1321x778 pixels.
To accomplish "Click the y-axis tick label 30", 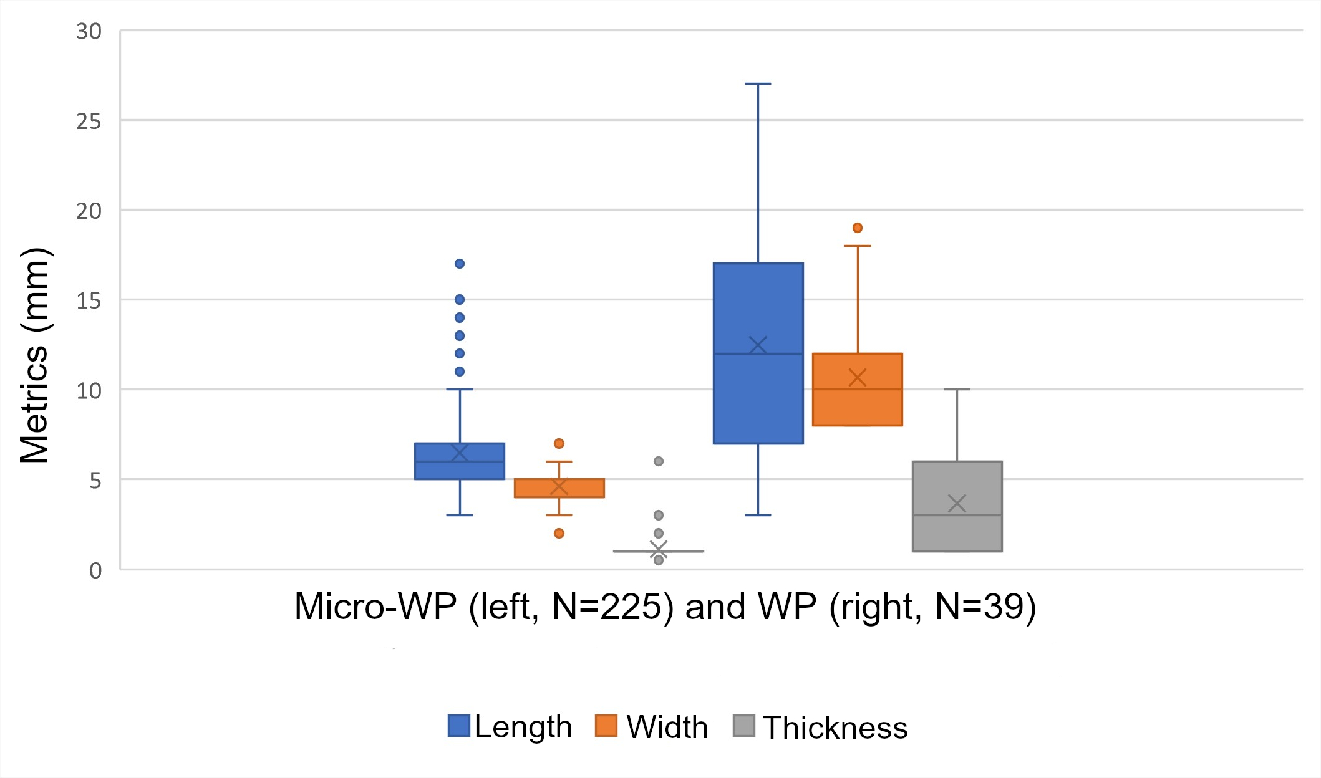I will [x=89, y=31].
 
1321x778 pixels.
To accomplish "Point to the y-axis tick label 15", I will [x=89, y=301].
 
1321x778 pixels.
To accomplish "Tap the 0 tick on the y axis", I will [x=95, y=570].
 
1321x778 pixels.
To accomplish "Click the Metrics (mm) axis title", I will [x=35, y=355].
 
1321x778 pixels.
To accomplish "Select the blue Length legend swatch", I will [x=458, y=726].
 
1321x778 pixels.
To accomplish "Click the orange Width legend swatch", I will [x=606, y=726].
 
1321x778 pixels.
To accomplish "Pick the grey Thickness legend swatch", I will [x=743, y=726].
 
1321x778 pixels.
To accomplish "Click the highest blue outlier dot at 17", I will [x=460, y=264].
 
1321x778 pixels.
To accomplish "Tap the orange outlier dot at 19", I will [x=858, y=228].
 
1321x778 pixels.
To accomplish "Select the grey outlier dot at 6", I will [x=659, y=461].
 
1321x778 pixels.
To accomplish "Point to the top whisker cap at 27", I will [x=758, y=84].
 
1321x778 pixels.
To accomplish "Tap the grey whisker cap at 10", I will [x=957, y=390].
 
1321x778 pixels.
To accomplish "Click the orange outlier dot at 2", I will [x=559, y=533].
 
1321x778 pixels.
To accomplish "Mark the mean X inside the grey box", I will [x=957, y=503].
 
